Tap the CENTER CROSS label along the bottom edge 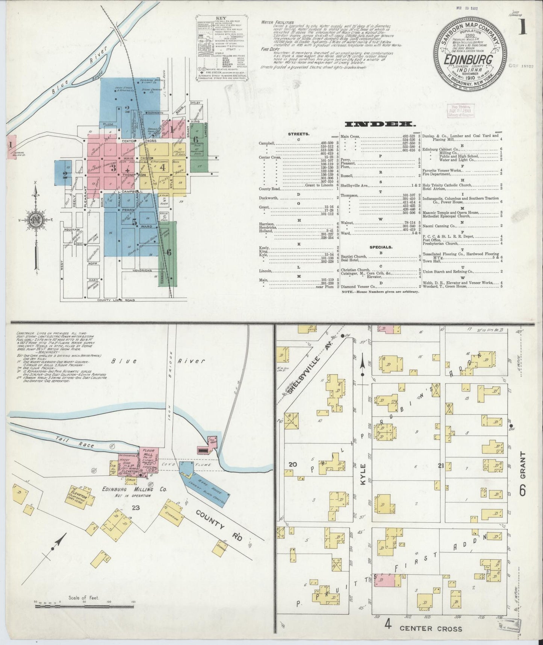coord(430,628)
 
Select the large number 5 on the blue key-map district coord(135,222)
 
